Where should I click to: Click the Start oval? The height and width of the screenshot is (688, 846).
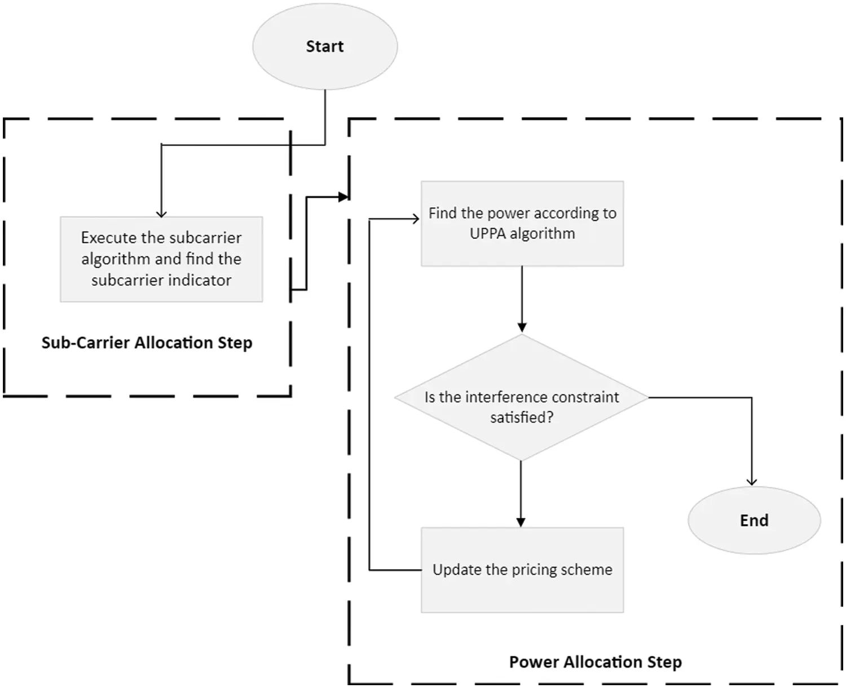tap(325, 46)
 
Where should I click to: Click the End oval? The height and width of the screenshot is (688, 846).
tap(754, 520)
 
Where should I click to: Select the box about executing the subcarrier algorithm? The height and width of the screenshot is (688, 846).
tap(161, 259)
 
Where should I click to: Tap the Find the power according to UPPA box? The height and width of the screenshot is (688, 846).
tap(522, 224)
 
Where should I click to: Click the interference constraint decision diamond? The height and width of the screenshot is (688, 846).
tap(522, 398)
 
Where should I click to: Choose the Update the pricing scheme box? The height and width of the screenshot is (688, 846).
tap(522, 570)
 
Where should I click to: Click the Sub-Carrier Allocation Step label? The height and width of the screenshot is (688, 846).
tap(147, 343)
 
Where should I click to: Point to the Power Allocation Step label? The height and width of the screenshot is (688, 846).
tap(595, 662)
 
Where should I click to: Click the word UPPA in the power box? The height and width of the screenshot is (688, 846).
tap(488, 234)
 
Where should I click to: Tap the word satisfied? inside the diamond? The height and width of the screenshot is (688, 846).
tap(522, 418)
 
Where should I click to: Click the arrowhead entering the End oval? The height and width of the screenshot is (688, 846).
tap(752, 481)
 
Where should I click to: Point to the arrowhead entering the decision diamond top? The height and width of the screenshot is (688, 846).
tap(522, 327)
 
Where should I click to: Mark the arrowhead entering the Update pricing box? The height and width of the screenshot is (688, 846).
tap(521, 522)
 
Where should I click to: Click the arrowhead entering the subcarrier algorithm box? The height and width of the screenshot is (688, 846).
tap(161, 213)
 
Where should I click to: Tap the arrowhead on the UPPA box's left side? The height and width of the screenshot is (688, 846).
tap(416, 219)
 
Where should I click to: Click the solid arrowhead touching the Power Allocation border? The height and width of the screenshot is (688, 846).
tap(343, 197)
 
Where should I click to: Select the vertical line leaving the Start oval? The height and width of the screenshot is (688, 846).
tap(325, 116)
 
